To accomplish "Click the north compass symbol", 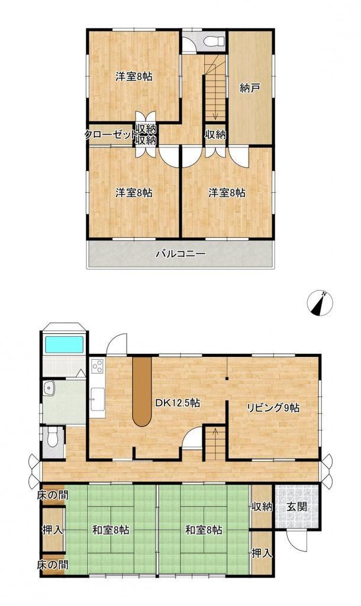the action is [320, 302].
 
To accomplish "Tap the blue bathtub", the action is [64, 344].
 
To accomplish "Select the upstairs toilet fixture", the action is [214, 40].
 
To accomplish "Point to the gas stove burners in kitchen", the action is [97, 366].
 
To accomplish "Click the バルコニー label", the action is [180, 254].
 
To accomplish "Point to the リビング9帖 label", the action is [273, 408].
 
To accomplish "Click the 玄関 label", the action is [297, 507].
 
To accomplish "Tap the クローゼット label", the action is [110, 134].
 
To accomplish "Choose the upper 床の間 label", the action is [53, 495].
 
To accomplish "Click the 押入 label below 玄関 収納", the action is [262, 553].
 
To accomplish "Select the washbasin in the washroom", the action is [49, 388].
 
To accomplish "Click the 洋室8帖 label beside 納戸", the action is [227, 192].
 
